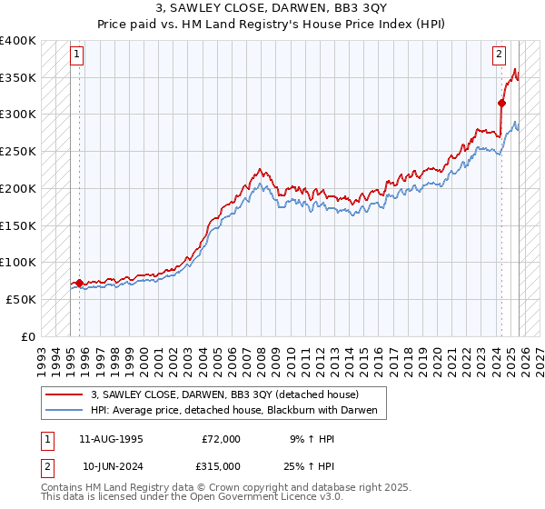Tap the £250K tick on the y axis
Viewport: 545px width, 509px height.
click(18, 152)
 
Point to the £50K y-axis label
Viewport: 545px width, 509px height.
click(21, 299)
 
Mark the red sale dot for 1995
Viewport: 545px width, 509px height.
click(79, 283)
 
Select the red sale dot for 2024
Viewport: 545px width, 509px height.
click(501, 103)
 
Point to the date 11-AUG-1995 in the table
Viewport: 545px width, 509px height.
click(113, 439)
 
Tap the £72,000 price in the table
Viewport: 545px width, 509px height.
click(221, 439)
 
